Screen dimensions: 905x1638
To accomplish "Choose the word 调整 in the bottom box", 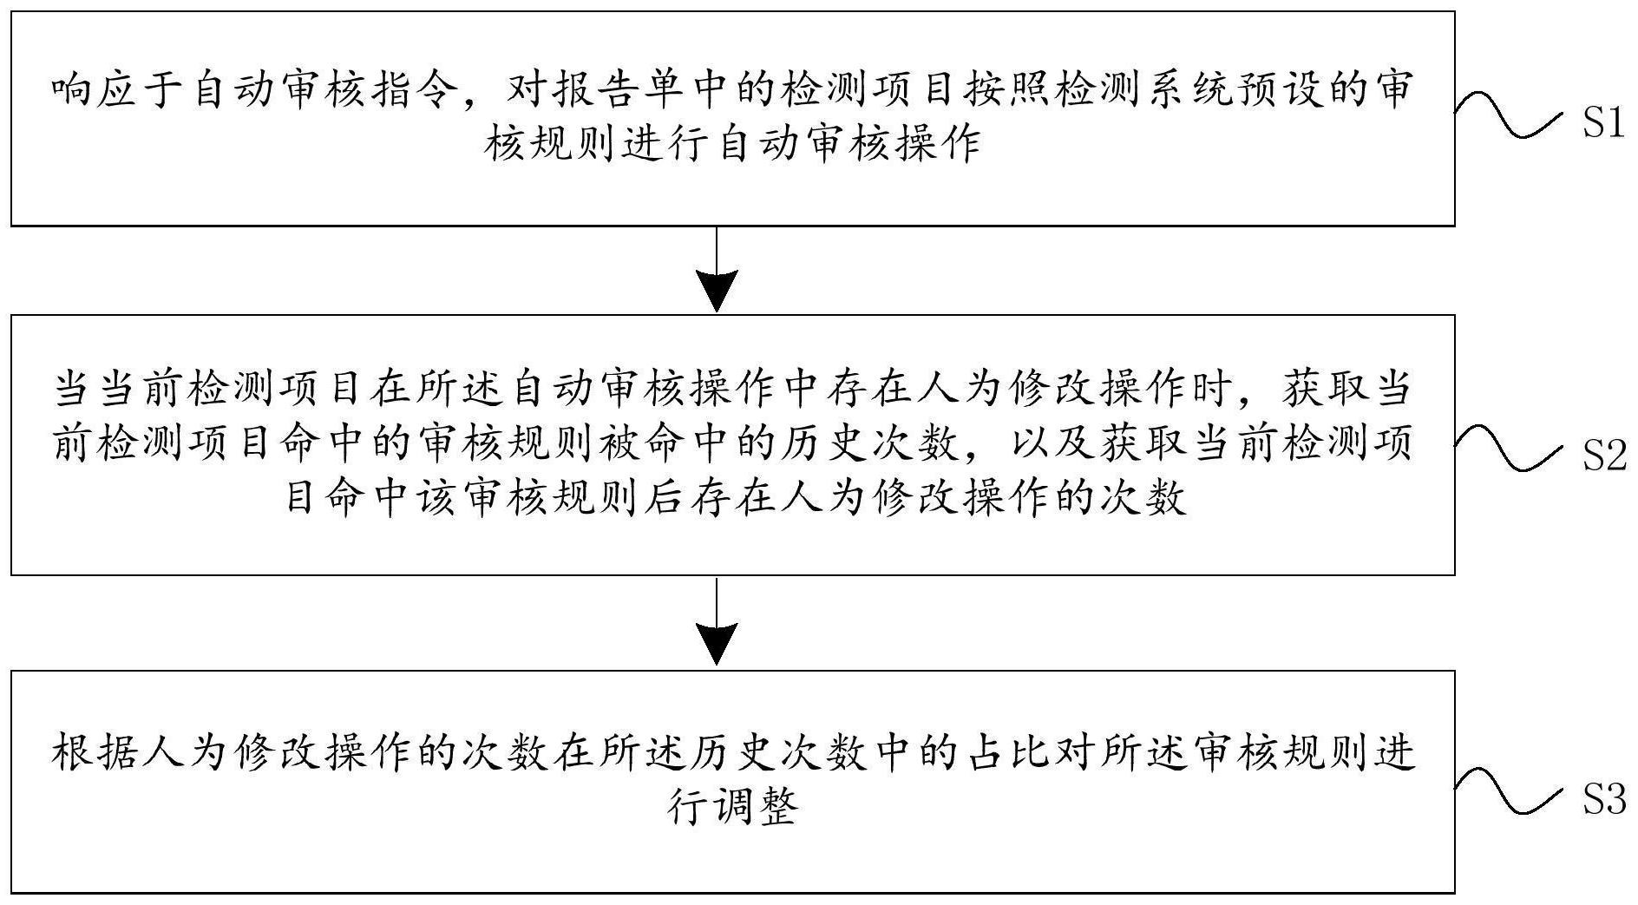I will (756, 806).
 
